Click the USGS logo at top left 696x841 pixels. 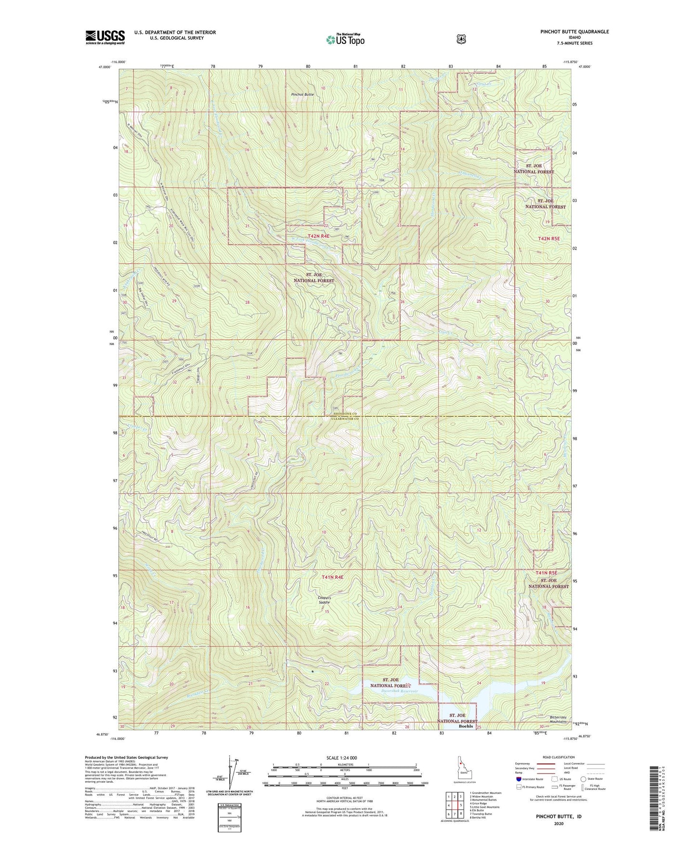pyautogui.click(x=105, y=37)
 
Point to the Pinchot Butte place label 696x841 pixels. pyautogui.click(x=302, y=95)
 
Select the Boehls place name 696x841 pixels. pyautogui.click(x=466, y=726)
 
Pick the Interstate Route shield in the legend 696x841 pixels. pyautogui.click(x=518, y=779)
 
